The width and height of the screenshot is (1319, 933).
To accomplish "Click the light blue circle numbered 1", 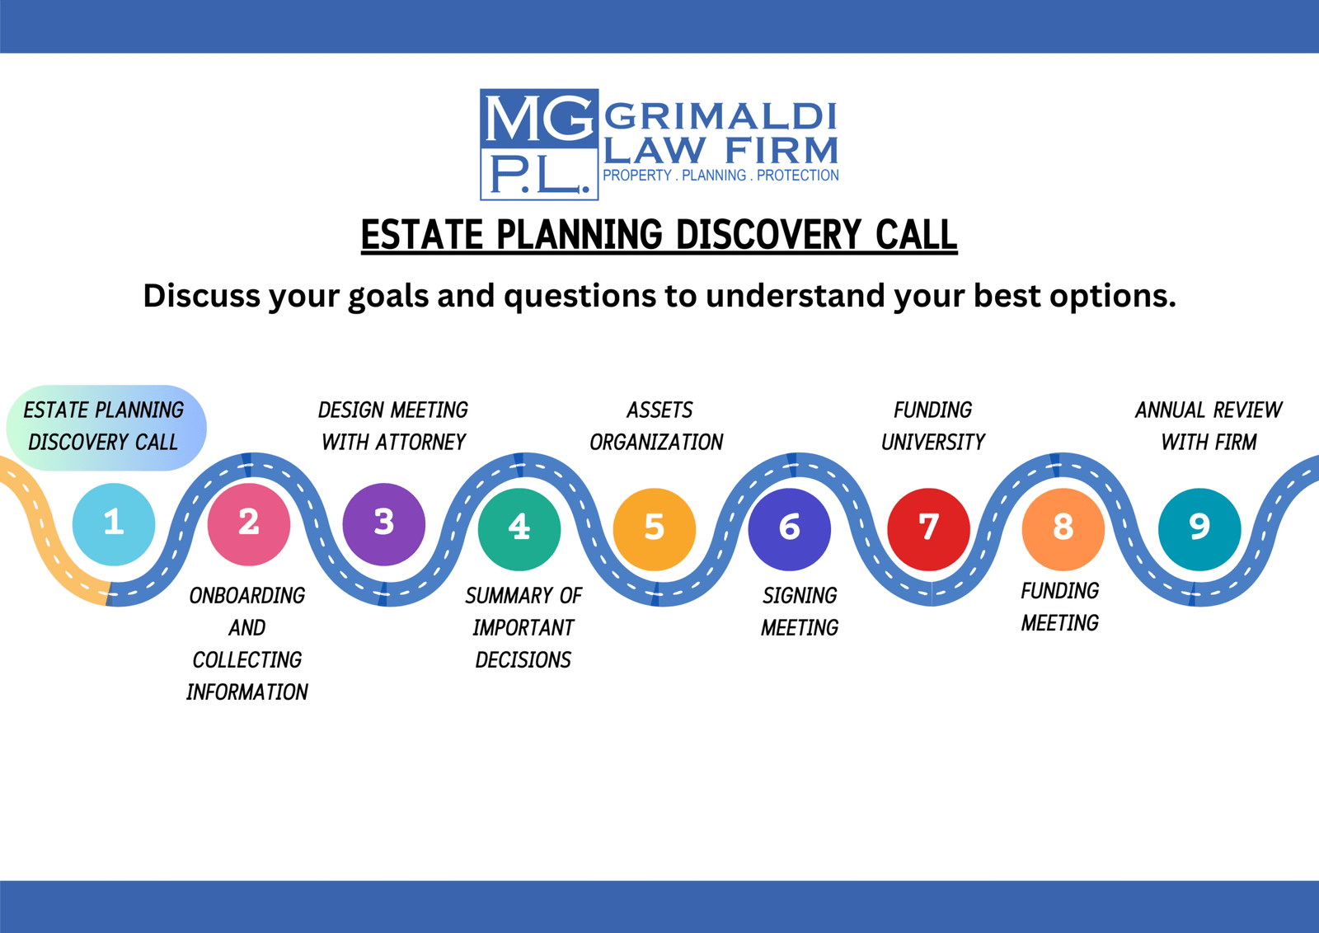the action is coord(114,524).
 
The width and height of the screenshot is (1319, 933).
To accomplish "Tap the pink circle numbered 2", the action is coord(249,524).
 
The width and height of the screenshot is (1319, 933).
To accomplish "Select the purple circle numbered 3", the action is coord(384,524).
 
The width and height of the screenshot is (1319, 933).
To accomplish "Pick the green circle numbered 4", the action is coord(519,528).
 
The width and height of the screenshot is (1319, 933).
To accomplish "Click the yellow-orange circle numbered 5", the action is coord(655,528).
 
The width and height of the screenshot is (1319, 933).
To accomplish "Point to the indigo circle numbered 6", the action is coord(790,528).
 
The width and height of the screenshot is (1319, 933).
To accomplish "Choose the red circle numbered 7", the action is coord(928,528).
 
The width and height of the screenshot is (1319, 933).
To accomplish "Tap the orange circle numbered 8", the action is coord(1063,528).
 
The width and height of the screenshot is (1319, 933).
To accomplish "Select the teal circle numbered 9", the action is coord(1199,528).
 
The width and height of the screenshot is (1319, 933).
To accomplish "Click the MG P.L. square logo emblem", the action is coord(539,144).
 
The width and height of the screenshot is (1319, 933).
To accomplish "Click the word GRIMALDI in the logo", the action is coord(721,116).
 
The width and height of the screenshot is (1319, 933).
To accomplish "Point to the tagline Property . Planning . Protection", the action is coord(721,176).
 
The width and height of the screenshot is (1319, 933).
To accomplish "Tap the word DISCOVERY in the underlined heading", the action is coord(768,235).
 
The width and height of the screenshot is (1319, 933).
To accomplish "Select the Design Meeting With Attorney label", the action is coord(392,425).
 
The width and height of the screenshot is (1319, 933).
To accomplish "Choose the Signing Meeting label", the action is coord(800,612).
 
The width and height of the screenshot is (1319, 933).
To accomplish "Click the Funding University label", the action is coord(932,425).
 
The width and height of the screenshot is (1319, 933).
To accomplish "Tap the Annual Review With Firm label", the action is coord(1209,425).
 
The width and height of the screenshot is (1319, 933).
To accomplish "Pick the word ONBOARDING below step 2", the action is coord(247,596).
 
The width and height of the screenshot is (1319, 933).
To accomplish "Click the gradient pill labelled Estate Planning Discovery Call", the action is coord(106,428).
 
